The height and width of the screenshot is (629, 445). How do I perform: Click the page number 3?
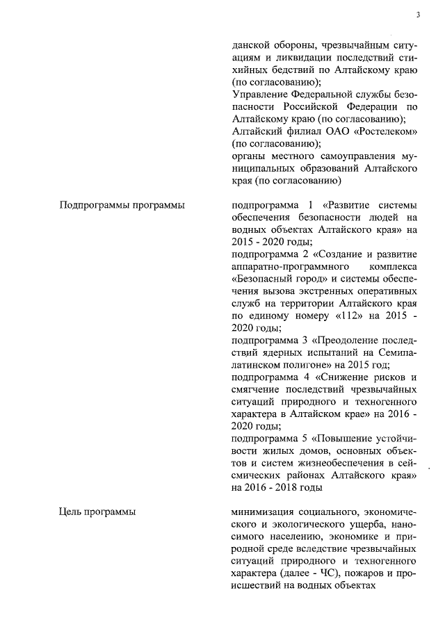419,14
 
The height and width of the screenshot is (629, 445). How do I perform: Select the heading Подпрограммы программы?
122,206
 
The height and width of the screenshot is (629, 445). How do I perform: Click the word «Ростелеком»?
385,131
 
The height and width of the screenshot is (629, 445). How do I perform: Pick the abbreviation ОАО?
336,131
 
